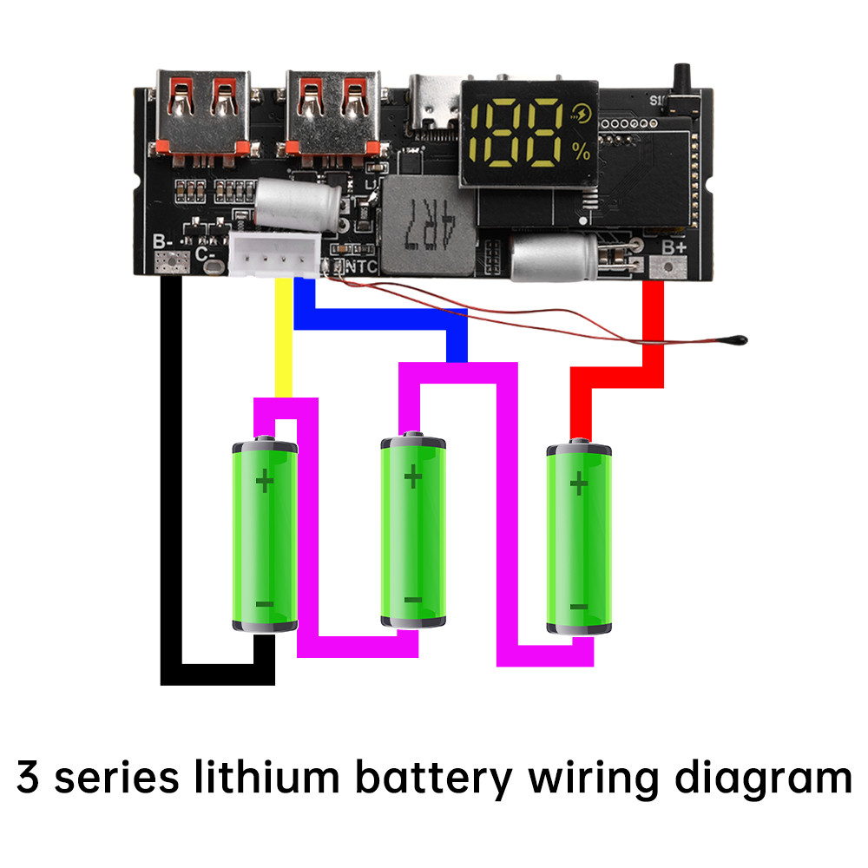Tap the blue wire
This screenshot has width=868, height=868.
pos(382,319)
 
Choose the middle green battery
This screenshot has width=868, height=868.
pos(413,531)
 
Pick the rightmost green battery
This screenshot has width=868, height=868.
pos(579,538)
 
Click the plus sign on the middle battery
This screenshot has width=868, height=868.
pos(413,477)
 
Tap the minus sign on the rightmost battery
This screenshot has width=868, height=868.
pos(579,607)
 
